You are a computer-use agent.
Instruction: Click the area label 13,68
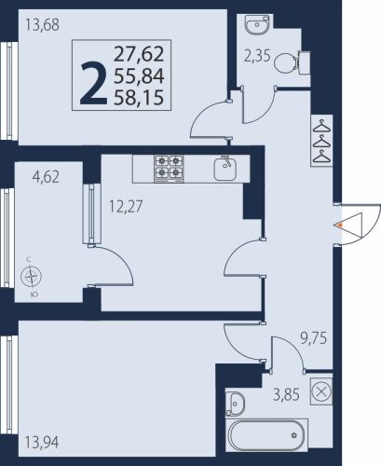click(x=42, y=24)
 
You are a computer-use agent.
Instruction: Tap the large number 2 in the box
click(x=94, y=83)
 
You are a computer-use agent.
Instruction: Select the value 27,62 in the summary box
click(x=139, y=53)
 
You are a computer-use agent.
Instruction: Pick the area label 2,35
click(x=257, y=57)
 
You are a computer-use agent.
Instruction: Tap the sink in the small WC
click(x=258, y=23)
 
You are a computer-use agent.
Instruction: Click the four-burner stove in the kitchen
click(x=169, y=169)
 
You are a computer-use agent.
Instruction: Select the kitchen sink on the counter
click(x=225, y=169)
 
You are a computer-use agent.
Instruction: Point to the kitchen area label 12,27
click(x=126, y=206)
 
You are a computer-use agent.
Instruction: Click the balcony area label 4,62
click(x=46, y=177)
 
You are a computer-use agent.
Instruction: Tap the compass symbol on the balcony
click(x=31, y=276)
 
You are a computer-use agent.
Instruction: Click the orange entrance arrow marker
click(x=340, y=225)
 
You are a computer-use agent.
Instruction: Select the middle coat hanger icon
click(x=321, y=142)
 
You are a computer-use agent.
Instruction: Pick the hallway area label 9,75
click(x=313, y=338)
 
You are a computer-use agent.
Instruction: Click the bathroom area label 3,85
click(x=286, y=395)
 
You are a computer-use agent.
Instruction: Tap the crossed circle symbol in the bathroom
click(x=321, y=391)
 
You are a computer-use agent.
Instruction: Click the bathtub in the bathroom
click(x=266, y=435)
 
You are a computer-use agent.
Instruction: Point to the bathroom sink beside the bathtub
click(x=234, y=404)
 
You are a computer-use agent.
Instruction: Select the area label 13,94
click(x=42, y=443)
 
